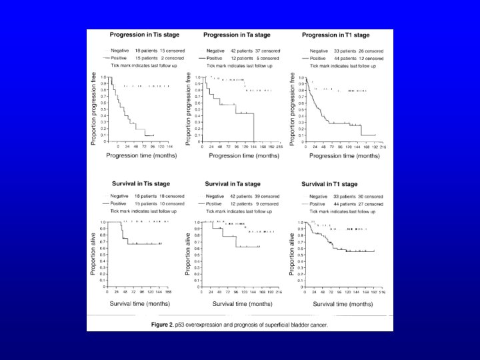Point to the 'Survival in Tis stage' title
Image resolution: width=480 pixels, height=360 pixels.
(135, 183)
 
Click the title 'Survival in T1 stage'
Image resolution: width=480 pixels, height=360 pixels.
(331, 183)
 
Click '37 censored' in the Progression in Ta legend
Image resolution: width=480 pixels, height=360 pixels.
(266, 50)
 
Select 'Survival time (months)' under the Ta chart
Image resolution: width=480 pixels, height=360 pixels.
(237, 303)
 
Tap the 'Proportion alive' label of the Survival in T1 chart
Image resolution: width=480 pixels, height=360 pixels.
(293, 248)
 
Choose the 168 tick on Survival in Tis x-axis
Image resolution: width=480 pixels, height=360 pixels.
(169, 292)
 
